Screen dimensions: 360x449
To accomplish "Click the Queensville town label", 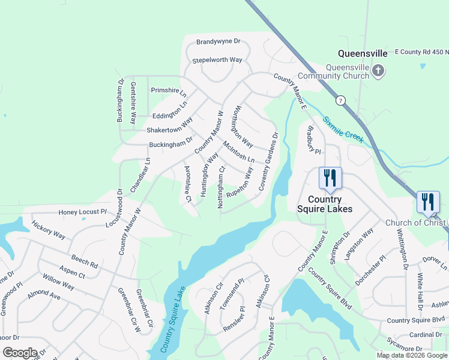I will pyautogui.click(x=362, y=53).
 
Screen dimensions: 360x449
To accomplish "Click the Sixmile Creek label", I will pyautogui.click(x=343, y=128).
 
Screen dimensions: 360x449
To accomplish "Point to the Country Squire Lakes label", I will pyautogui.click(x=325, y=204).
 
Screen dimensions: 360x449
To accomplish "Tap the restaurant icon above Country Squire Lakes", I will pyautogui.click(x=330, y=178).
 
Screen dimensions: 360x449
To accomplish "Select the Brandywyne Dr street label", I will pyautogui.click(x=218, y=42).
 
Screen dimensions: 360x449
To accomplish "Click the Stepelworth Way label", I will pyautogui.click(x=217, y=61).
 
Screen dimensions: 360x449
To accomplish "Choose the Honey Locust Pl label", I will pyautogui.click(x=82, y=212).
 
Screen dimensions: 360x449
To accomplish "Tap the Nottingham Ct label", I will pyautogui.click(x=221, y=188).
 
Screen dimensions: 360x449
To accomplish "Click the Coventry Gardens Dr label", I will pyautogui.click(x=269, y=162).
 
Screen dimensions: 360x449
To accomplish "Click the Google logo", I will pyautogui.click(x=20, y=353).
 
